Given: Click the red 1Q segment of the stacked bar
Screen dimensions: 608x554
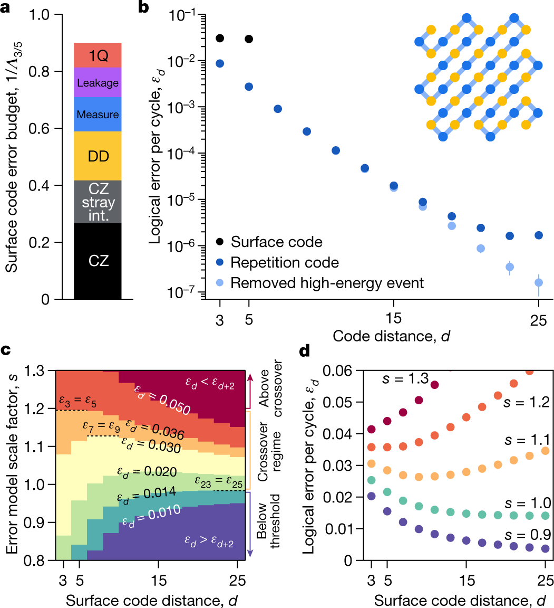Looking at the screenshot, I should [x=98, y=55].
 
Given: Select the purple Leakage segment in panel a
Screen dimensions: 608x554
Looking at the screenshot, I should [x=98, y=82].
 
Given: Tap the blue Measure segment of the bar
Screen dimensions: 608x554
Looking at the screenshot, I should [x=98, y=114].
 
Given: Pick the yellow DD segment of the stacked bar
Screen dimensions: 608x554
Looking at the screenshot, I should [x=98, y=156].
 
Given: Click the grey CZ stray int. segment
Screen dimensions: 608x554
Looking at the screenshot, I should [x=98, y=202].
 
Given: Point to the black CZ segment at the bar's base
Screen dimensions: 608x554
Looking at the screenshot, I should [x=98, y=261].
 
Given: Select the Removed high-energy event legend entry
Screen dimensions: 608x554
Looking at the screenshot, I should [x=327, y=283].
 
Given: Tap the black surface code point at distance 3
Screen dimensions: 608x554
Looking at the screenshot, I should [x=220, y=38].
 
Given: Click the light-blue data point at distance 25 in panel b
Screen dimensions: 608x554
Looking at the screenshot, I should [x=539, y=282].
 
